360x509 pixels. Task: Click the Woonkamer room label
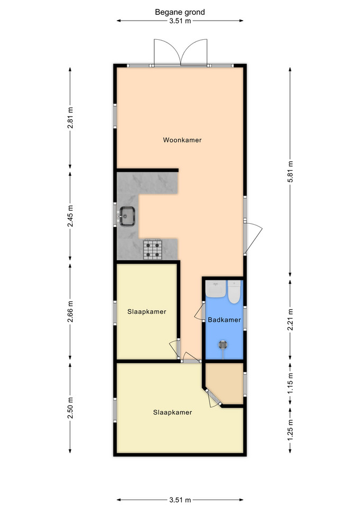182,140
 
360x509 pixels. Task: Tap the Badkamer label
224,320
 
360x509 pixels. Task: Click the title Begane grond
180,12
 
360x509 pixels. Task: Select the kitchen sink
127,216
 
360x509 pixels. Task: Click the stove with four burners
153,249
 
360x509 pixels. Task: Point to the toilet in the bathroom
234,292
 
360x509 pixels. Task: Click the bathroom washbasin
216,288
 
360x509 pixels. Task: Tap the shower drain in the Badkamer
223,345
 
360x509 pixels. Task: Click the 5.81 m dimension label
290,171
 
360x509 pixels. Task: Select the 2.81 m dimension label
70,118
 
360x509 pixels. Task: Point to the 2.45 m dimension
70,216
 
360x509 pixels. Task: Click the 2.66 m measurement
70,312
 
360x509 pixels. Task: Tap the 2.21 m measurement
290,319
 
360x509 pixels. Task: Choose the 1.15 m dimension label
290,383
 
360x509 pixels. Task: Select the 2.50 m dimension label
70,408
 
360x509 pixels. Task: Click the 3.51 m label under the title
180,21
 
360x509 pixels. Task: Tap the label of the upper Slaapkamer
147,312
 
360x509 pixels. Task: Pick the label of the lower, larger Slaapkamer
172,413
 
